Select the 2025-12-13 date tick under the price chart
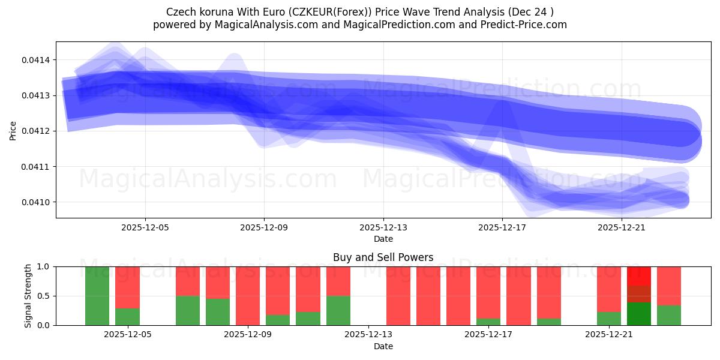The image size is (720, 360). pyautogui.click(x=383, y=228)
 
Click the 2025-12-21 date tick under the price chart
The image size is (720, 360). pyautogui.click(x=622, y=228)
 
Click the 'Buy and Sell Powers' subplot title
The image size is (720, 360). pyautogui.click(x=383, y=258)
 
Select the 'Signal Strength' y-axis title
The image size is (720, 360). pyautogui.click(x=28, y=296)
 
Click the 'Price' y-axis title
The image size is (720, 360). pyautogui.click(x=13, y=131)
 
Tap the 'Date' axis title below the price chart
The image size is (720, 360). pyautogui.click(x=383, y=239)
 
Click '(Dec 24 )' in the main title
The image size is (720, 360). pyautogui.click(x=531, y=11)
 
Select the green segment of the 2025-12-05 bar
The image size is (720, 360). pyautogui.click(x=127, y=317)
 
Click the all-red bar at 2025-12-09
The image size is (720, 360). pyautogui.click(x=248, y=296)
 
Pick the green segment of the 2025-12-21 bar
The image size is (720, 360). pyautogui.click(x=609, y=319)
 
